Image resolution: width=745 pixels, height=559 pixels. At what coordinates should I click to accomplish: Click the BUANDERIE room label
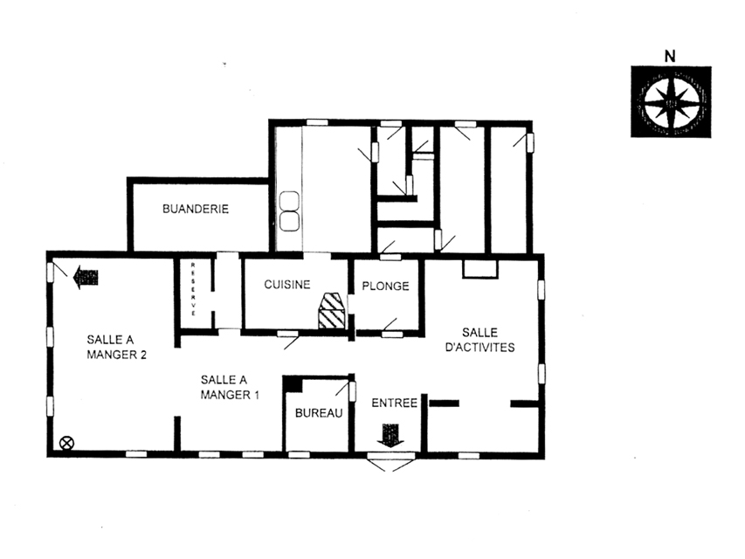click(x=196, y=209)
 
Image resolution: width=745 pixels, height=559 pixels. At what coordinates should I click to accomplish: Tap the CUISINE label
click(x=287, y=284)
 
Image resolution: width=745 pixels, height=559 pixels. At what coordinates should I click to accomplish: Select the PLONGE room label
click(x=385, y=286)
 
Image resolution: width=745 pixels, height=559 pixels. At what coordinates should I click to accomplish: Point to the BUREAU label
click(x=319, y=413)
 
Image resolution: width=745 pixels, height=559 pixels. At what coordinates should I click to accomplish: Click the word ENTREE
click(x=395, y=403)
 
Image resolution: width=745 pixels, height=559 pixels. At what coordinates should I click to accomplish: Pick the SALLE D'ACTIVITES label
click(x=479, y=340)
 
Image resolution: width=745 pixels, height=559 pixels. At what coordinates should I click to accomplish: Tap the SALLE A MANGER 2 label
click(x=116, y=347)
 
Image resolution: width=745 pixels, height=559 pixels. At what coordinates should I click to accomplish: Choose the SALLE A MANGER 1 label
click(x=230, y=387)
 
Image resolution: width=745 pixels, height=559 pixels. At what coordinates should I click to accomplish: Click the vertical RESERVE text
click(x=193, y=289)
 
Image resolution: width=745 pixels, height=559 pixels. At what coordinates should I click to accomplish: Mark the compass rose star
click(x=672, y=102)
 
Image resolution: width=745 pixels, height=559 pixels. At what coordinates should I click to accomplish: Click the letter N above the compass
click(x=670, y=57)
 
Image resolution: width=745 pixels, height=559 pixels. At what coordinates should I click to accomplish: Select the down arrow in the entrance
click(x=390, y=435)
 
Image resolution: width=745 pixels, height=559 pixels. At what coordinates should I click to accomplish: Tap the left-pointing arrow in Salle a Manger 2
click(x=86, y=277)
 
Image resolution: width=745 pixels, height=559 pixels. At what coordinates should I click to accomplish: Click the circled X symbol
click(x=66, y=443)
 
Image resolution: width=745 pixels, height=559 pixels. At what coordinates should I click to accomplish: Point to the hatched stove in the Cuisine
click(x=332, y=311)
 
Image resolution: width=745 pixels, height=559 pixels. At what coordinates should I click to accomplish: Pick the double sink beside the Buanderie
click(x=289, y=211)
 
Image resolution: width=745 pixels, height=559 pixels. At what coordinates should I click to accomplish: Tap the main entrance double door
click(x=391, y=460)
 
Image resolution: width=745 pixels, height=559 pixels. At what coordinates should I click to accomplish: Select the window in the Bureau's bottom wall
click(x=299, y=455)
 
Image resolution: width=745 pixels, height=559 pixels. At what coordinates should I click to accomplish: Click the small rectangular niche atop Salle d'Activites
click(x=480, y=269)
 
